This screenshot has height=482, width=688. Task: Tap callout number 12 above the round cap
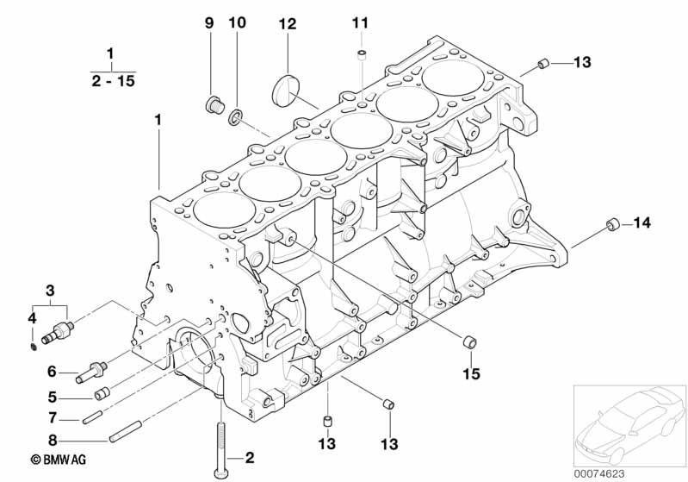(x=288, y=24)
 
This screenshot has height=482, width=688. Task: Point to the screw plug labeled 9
(x=215, y=105)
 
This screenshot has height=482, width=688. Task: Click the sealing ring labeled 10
(x=236, y=117)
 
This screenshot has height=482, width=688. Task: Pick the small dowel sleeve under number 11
(x=362, y=55)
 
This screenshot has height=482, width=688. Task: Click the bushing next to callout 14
(x=613, y=224)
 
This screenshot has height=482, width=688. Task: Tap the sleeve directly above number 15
(x=470, y=341)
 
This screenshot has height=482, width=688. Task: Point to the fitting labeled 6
(x=91, y=372)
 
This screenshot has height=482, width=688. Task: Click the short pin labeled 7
(x=92, y=417)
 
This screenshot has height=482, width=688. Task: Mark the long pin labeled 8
(x=126, y=432)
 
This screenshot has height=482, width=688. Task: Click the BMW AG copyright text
(x=59, y=460)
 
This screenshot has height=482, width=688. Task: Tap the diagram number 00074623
(x=599, y=473)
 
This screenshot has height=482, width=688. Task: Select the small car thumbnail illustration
(x=629, y=425)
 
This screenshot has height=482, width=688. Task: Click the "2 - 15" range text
(x=113, y=81)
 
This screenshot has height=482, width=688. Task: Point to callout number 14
(x=642, y=222)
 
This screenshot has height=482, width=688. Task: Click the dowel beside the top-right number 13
(x=543, y=64)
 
